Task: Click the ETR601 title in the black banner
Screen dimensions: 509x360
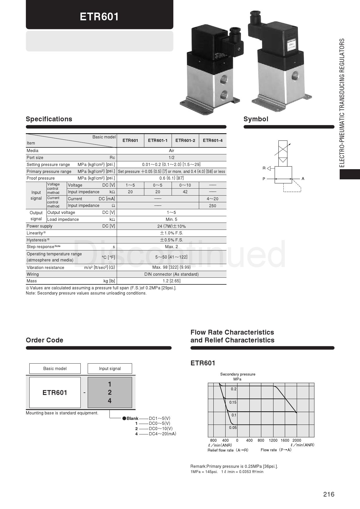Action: [99, 17]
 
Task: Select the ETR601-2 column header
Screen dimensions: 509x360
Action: [185, 140]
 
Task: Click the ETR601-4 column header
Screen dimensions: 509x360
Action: [213, 140]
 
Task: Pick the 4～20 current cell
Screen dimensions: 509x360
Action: [213, 199]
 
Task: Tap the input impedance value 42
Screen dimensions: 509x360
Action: [185, 192]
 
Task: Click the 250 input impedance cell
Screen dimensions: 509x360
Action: [213, 206]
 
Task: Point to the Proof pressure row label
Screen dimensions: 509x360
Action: [41, 178]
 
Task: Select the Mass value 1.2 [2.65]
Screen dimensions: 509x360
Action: [171, 281]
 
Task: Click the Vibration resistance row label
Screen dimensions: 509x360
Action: [45, 268]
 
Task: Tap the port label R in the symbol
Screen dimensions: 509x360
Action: [264, 168]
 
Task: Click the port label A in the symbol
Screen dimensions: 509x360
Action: [303, 179]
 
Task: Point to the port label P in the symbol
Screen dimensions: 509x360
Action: [264, 179]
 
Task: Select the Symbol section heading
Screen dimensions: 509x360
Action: [256, 119]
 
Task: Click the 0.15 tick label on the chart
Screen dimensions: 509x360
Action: [233, 402]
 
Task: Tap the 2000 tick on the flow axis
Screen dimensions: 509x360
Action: [297, 440]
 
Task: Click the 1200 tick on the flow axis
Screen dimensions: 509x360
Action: [273, 440]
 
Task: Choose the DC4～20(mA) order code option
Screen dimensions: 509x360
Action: [162, 434]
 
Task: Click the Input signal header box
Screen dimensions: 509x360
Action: [110, 369]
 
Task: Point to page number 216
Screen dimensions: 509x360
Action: [329, 494]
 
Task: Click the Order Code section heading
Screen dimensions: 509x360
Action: [44, 340]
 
